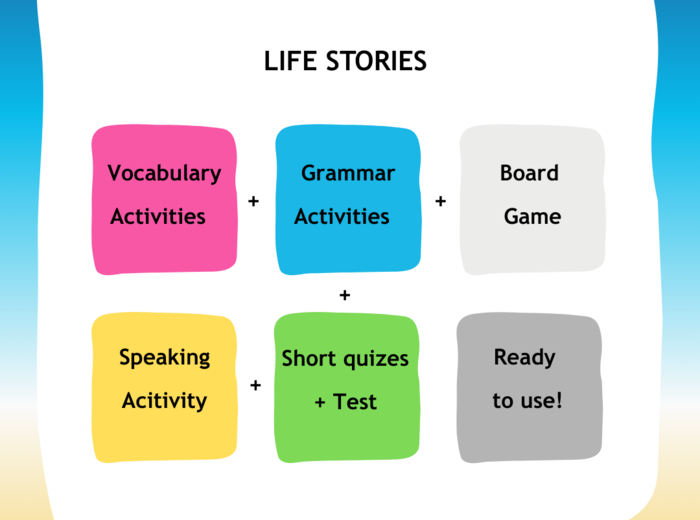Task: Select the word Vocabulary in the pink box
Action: point(164,173)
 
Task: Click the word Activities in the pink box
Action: point(158,216)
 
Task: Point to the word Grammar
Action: point(348,173)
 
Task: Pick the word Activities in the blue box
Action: point(342,216)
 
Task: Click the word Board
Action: point(529,173)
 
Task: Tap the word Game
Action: point(532,216)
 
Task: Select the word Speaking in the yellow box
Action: point(165,357)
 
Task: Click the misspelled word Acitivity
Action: point(164,401)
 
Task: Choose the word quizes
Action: point(375,358)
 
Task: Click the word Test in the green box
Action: point(355,402)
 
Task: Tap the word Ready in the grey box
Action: point(524,357)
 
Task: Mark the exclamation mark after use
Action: point(559,401)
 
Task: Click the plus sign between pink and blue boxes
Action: point(253,202)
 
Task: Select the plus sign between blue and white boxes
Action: point(440,201)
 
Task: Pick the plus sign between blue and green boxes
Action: point(345,295)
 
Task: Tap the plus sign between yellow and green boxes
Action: point(255,384)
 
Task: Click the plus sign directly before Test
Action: point(320,403)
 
